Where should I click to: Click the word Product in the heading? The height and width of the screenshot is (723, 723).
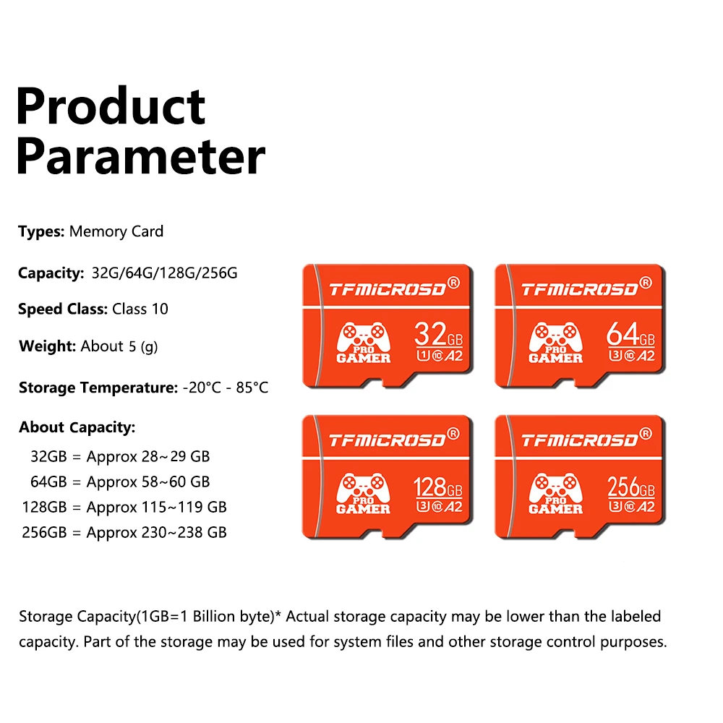coord(111,106)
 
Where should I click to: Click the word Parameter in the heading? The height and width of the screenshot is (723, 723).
coord(141,157)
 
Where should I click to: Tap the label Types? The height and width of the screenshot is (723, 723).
coord(41,231)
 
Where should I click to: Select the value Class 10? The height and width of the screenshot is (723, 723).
coord(140,309)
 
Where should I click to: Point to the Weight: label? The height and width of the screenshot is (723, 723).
coord(47,346)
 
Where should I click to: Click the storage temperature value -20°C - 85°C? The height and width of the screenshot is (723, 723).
coord(226,388)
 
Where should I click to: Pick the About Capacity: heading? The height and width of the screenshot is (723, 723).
coord(77,427)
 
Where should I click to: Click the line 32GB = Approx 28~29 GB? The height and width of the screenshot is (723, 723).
coord(120,456)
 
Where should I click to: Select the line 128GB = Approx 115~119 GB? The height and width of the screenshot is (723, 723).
coord(124,508)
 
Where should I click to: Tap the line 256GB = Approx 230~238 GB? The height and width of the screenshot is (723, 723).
coord(124,533)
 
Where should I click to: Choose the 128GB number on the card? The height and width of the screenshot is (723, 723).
coord(437,487)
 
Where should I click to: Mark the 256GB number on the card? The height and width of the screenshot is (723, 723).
coord(630,487)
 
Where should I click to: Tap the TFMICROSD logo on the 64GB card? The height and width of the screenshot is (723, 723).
coord(580,289)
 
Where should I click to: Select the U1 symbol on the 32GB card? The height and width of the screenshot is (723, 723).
coord(423,356)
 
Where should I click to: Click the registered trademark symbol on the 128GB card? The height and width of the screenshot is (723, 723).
coord(454,433)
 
